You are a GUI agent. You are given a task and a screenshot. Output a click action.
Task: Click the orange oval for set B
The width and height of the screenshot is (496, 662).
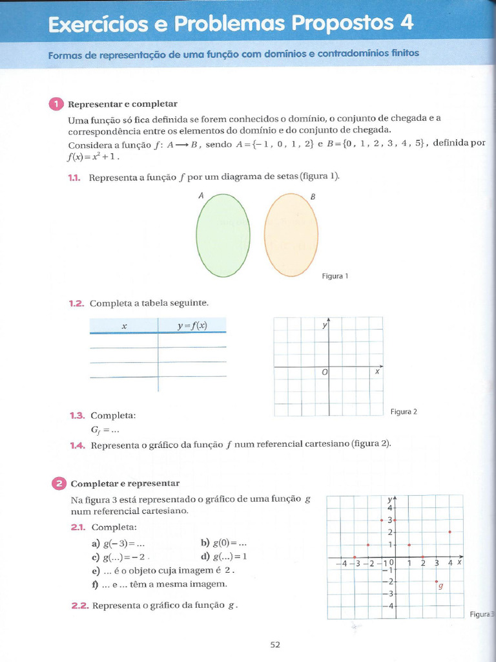[291, 235]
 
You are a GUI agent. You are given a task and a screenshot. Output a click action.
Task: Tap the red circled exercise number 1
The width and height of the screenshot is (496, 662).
[56, 104]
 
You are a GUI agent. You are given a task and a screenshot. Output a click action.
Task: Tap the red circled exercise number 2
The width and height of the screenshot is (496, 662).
[58, 483]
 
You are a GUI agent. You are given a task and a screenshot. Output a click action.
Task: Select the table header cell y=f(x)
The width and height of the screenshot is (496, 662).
[192, 326]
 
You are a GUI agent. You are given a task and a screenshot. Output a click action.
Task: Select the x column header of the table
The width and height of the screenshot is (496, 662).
[123, 326]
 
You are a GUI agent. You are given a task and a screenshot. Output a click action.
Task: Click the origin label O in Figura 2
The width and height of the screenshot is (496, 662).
[324, 372]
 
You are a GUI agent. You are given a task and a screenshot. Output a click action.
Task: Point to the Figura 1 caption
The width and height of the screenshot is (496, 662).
[335, 276]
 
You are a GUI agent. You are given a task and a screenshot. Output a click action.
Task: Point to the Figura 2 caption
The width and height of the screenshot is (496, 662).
[404, 411]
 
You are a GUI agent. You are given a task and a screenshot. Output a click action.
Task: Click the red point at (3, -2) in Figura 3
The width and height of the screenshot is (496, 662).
[437, 582]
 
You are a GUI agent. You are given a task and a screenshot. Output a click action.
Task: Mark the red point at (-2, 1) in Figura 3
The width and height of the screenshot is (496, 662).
[368, 545]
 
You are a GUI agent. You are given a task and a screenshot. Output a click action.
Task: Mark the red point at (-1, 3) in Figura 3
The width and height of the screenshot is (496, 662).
[382, 520]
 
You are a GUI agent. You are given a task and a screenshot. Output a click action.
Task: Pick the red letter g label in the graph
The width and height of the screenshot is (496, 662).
[440, 587]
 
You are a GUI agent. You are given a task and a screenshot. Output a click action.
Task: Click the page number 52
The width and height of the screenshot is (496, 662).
[275, 644]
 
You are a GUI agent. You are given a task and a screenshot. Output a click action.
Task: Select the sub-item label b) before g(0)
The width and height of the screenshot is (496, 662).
[205, 543]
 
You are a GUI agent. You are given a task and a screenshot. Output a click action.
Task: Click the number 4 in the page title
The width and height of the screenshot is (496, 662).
[406, 23]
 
